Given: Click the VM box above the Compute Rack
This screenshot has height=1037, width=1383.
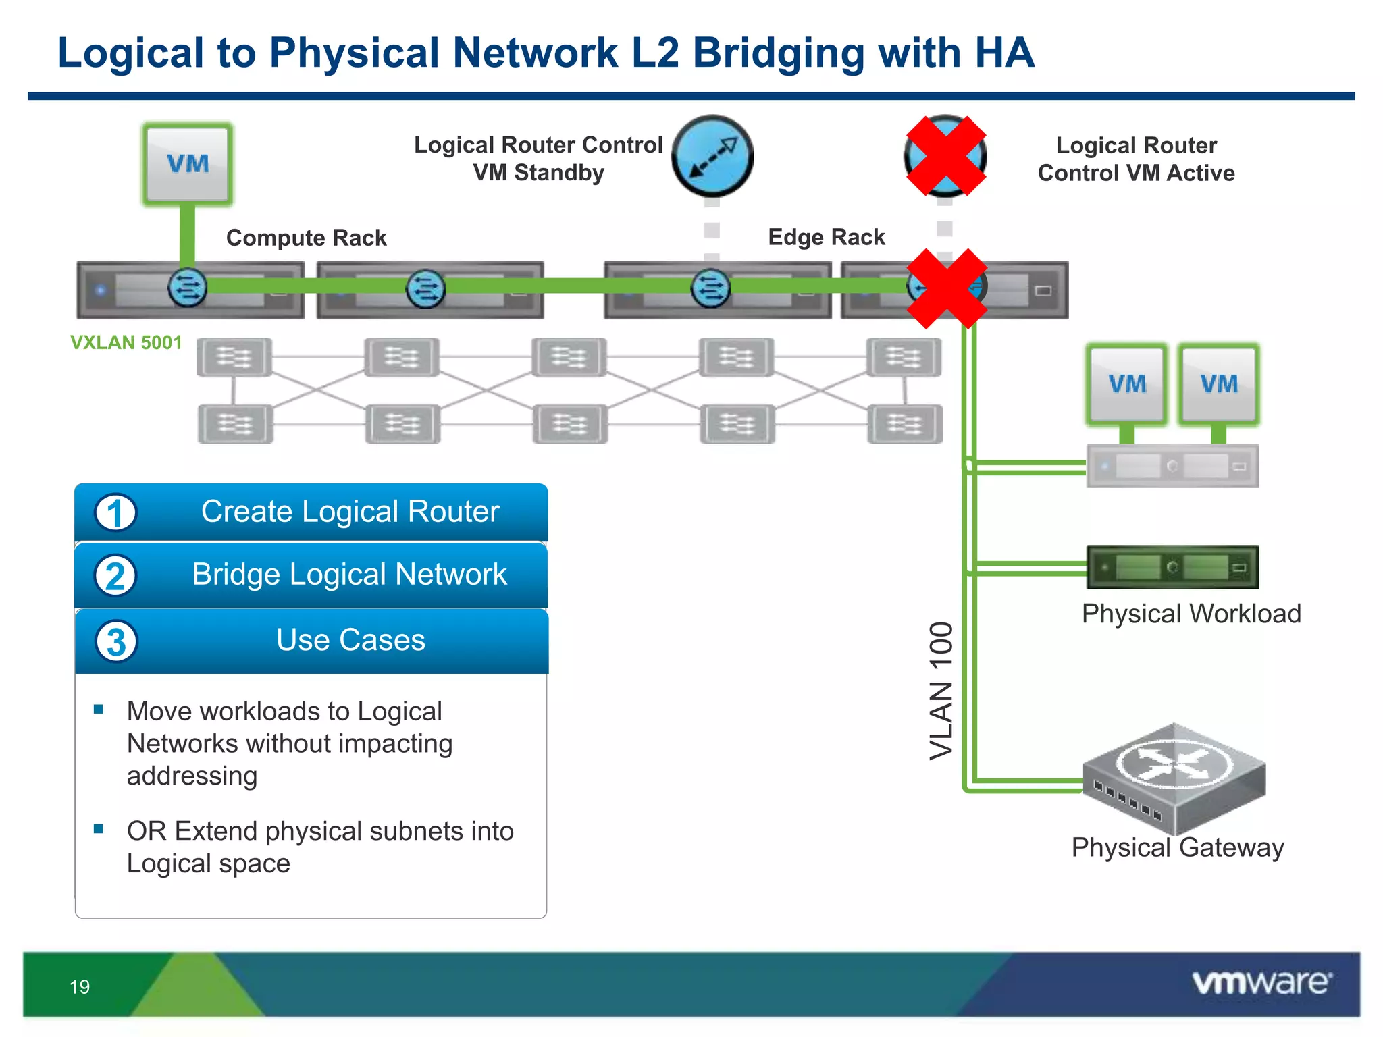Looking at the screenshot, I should click(188, 164).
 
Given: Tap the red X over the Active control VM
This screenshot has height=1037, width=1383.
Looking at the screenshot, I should click(945, 156).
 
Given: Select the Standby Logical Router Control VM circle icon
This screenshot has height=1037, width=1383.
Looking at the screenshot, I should click(712, 156).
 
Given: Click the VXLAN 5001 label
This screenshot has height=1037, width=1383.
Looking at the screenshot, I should click(126, 342).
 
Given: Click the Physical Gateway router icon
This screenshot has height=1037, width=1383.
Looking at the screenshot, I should click(1174, 776).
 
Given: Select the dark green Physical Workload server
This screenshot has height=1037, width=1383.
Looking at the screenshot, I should click(1172, 567).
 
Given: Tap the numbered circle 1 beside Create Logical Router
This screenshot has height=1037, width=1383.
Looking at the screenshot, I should click(115, 512).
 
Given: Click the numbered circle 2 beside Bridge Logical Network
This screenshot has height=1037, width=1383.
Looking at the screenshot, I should click(115, 576).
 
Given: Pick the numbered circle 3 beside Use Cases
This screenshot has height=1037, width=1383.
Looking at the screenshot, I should click(115, 641).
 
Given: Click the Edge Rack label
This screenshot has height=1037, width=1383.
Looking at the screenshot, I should click(826, 237).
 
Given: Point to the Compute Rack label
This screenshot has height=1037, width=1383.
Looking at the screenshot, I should click(306, 238).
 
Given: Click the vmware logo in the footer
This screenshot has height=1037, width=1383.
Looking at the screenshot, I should click(1261, 982).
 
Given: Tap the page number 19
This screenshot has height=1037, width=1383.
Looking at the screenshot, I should click(80, 987).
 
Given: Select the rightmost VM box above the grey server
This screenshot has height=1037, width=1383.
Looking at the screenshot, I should click(1218, 384).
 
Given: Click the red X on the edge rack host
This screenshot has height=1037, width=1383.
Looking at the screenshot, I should click(947, 288).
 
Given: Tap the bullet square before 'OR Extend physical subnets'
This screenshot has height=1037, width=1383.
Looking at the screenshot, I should click(99, 829).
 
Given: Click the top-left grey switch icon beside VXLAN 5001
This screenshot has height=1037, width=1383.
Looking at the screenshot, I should click(234, 357).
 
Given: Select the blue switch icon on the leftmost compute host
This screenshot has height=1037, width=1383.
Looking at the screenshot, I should click(187, 288).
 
